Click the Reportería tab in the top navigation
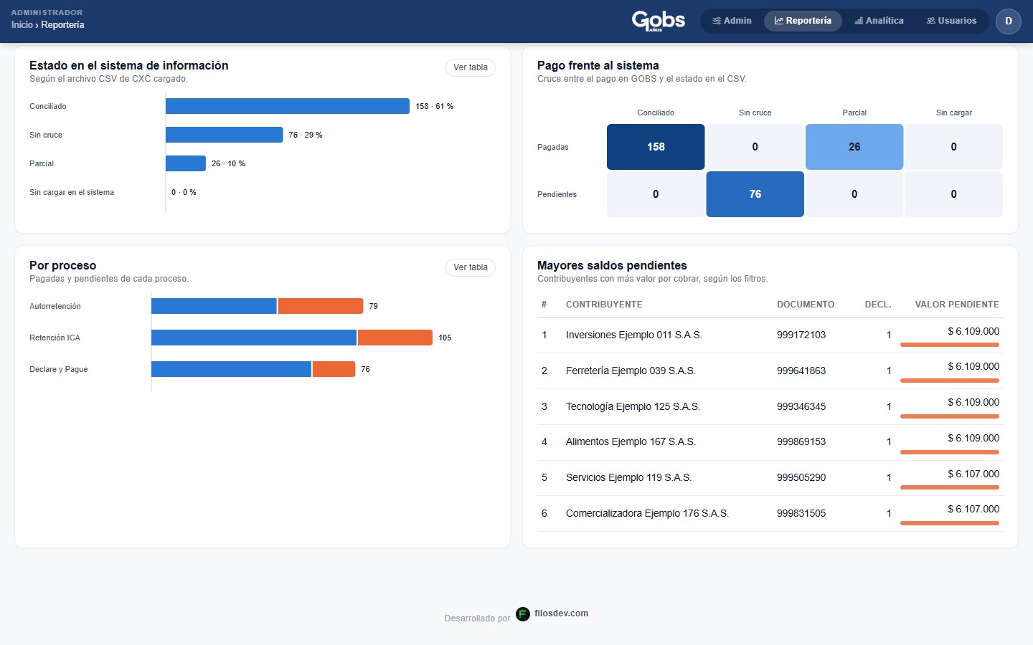[803, 21]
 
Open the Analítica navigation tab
[879, 21]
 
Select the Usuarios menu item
[951, 21]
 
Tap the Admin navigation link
[732, 21]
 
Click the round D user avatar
[1008, 21]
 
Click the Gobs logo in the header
[658, 21]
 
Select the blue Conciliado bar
[287, 106]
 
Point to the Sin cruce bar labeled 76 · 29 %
[224, 135]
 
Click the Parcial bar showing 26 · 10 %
[185, 163]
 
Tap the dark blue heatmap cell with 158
[656, 146]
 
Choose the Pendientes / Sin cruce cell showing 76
[755, 194]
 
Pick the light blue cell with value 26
[854, 146]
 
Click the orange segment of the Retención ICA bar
[395, 338]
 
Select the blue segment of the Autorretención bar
[214, 306]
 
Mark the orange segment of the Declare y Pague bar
[334, 369]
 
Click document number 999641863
[801, 371]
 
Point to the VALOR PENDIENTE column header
[957, 304]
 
